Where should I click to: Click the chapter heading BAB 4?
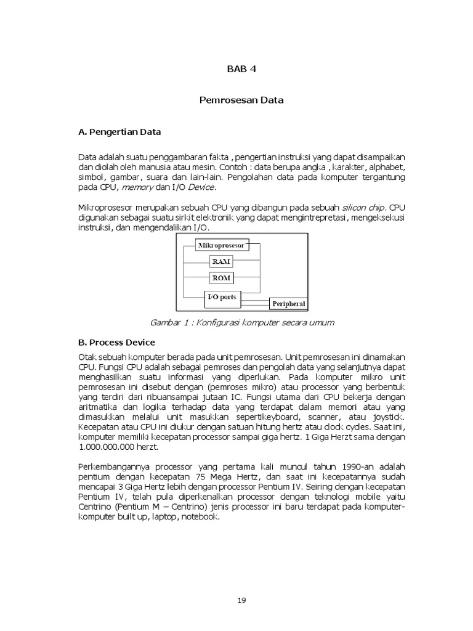pyautogui.click(x=241, y=69)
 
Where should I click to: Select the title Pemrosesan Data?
pyautogui.click(x=241, y=100)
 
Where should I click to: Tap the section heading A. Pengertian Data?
pyautogui.click(x=120, y=131)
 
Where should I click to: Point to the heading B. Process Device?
pyautogui.click(x=117, y=342)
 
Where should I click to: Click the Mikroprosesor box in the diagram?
pyautogui.click(x=221, y=245)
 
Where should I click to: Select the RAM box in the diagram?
pyautogui.click(x=221, y=262)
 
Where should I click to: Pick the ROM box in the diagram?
pyautogui.click(x=221, y=279)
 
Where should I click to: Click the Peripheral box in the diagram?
pyautogui.click(x=285, y=304)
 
